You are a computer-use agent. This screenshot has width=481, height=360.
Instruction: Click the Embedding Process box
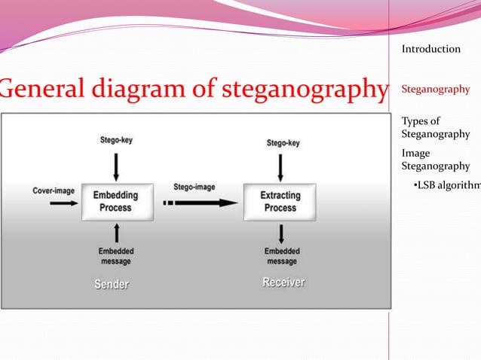[116, 202]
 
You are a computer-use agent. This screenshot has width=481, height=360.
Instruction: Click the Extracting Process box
[280, 202]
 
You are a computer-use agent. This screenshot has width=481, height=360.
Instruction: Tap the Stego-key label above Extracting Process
[283, 142]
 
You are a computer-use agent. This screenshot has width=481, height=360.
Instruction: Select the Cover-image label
[54, 191]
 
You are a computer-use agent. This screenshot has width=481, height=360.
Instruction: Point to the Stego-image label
[194, 187]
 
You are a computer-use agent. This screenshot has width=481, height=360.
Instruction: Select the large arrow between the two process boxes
[200, 203]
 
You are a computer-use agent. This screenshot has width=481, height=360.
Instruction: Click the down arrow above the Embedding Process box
[116, 165]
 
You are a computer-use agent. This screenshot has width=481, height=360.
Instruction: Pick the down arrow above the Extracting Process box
[280, 166]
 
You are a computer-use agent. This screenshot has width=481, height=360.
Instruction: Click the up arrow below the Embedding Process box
[116, 233]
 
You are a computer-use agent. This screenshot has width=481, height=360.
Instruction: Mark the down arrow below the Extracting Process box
[280, 234]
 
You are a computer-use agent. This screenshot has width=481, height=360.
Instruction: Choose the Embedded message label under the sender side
[115, 256]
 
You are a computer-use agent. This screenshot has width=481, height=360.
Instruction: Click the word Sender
[111, 284]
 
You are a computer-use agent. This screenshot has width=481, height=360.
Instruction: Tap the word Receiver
[283, 282]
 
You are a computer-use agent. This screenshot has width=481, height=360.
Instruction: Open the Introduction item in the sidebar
[430, 49]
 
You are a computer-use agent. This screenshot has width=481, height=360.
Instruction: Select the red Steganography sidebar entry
[435, 90]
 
